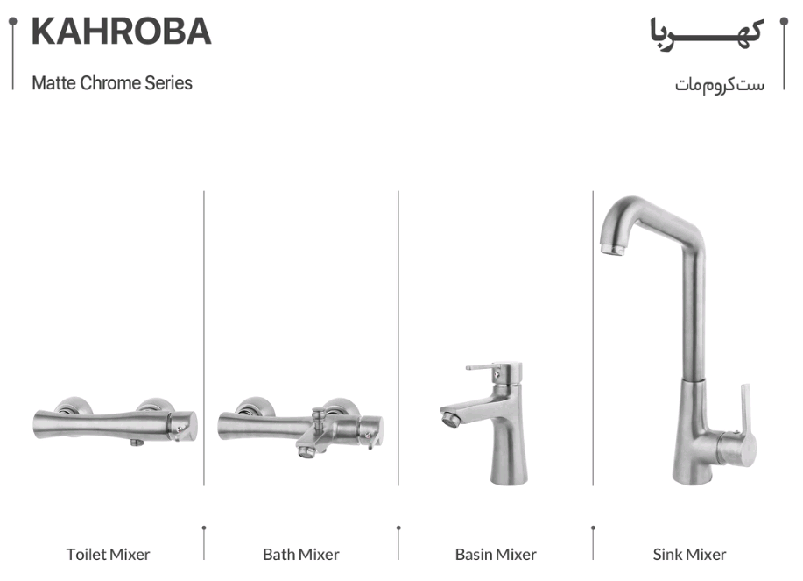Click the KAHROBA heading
pos(122,32)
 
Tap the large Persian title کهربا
pos(707,34)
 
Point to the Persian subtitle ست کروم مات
pos(720,84)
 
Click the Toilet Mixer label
pos(108,555)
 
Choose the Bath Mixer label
pos(301,555)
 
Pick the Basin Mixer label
pos(496,555)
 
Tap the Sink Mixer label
pos(689,555)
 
